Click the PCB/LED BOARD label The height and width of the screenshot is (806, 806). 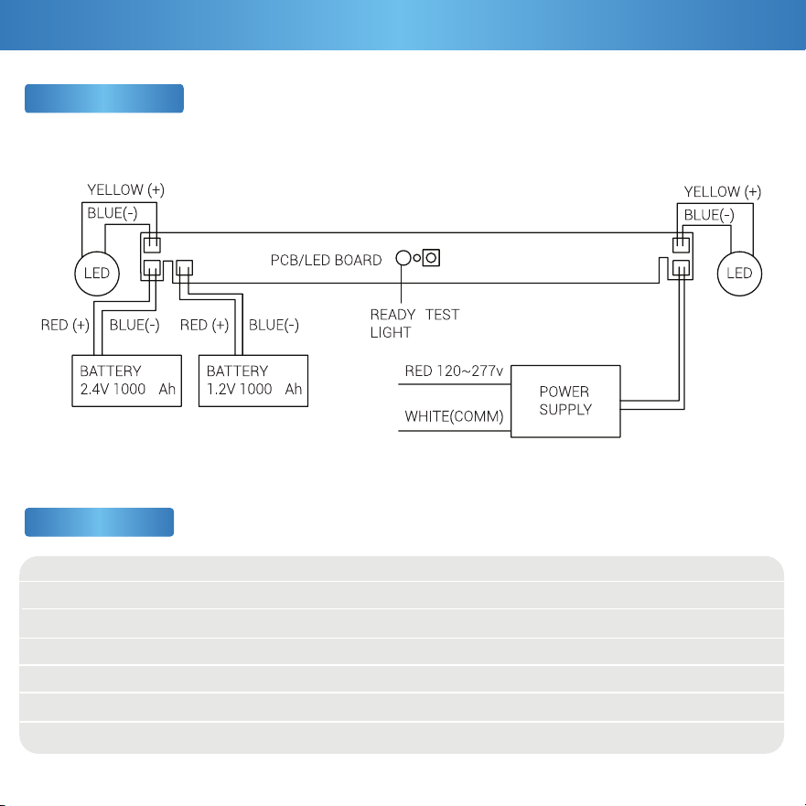[x=326, y=260]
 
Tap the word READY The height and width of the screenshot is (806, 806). [x=392, y=315]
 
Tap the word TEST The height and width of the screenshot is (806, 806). [x=442, y=315]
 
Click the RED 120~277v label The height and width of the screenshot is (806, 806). [x=454, y=371]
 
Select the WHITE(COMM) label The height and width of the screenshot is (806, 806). [x=454, y=416]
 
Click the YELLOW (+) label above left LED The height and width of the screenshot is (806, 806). [x=126, y=190]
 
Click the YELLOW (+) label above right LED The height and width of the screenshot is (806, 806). [x=722, y=192]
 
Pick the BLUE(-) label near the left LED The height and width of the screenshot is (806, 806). [x=113, y=213]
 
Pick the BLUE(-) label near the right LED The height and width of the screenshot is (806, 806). [x=709, y=215]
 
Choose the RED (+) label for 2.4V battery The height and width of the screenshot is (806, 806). [x=65, y=326]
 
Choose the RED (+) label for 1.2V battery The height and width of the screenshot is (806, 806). [x=204, y=326]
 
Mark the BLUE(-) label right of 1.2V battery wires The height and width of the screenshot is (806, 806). [x=274, y=326]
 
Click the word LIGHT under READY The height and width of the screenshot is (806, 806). [x=391, y=333]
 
